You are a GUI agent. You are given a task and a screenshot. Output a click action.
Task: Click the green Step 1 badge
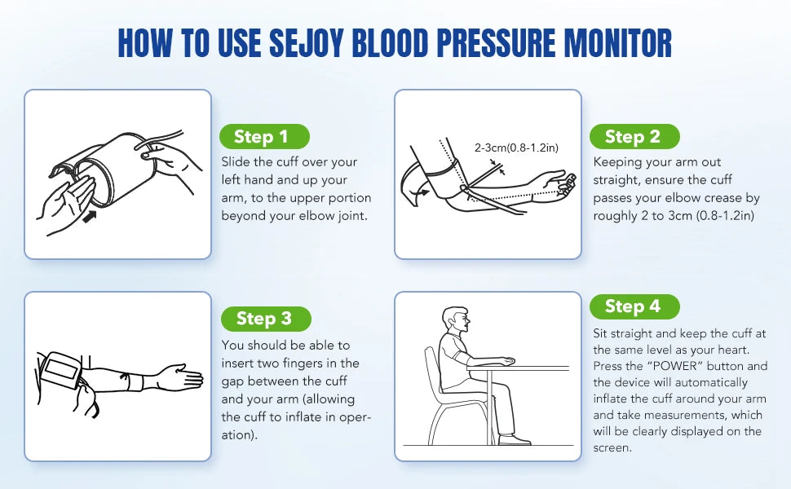point(264,137)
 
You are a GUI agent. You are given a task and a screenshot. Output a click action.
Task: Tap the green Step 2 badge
point(634,137)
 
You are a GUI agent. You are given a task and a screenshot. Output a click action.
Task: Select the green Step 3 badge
point(266,319)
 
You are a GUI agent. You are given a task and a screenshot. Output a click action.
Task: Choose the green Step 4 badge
point(634,306)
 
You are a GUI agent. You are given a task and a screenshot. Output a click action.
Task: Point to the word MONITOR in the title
point(617,43)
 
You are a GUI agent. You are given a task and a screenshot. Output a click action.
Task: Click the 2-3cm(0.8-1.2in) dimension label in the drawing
point(516,148)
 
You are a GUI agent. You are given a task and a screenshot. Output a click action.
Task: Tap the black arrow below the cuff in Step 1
point(89,218)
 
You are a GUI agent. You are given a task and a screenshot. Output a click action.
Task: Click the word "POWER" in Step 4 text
point(667,366)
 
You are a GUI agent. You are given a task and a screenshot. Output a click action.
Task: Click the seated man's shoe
point(514,440)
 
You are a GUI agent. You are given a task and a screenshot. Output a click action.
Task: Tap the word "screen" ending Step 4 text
point(612,448)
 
